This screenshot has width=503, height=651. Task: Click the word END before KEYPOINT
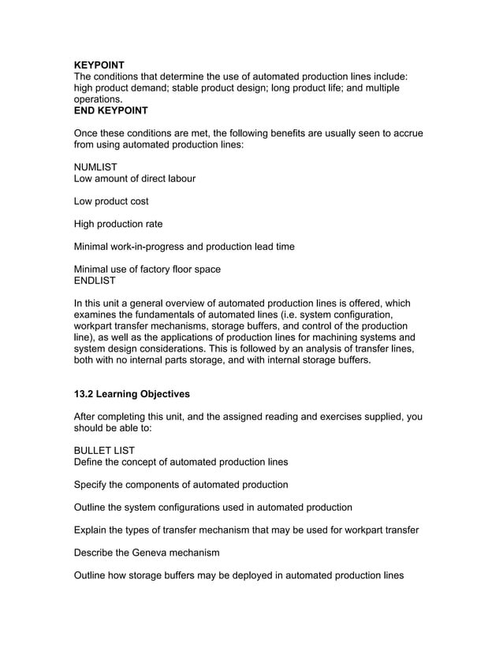86,111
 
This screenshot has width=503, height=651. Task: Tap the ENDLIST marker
95,281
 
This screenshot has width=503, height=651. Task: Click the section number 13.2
84,393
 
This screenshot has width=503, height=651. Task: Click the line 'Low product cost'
111,201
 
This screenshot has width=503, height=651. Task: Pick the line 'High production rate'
118,224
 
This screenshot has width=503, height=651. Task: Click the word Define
90,462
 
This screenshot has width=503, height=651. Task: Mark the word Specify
93,484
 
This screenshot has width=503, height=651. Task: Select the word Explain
93,530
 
